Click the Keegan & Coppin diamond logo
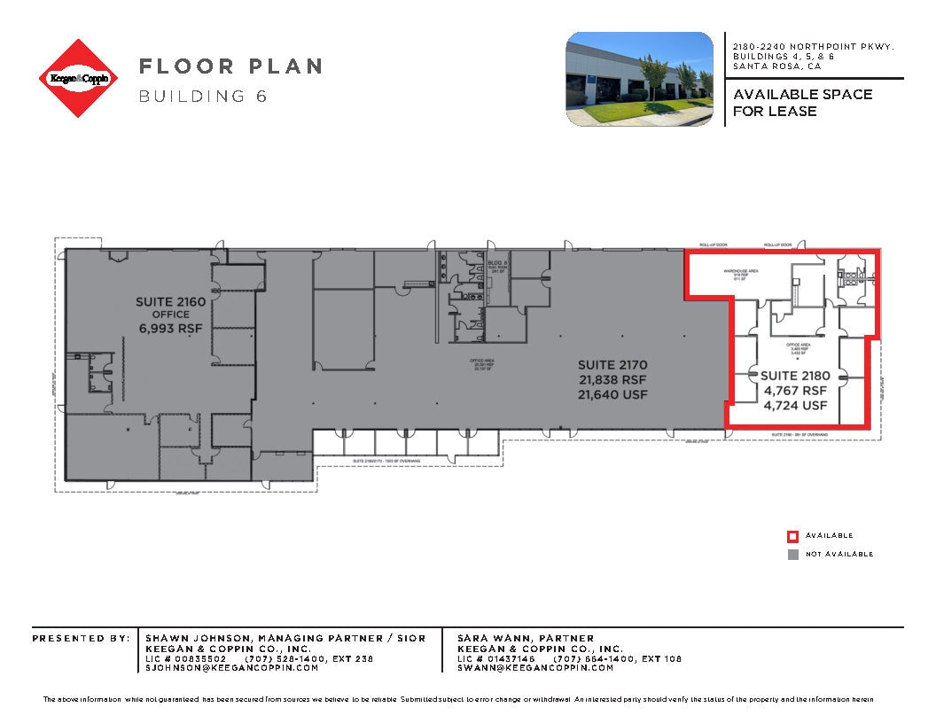point(79,78)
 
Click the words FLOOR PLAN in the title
point(230,66)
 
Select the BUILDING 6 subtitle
point(203,96)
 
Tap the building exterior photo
point(639,79)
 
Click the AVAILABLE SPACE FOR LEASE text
point(802,103)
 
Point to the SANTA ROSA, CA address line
point(776,66)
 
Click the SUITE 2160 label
point(170,302)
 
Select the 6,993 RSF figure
point(170,328)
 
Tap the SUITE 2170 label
point(612,364)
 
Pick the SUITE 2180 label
point(795,376)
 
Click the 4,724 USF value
point(795,406)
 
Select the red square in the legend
point(793,536)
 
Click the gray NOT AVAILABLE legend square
point(793,555)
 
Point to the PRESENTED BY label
point(81,638)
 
